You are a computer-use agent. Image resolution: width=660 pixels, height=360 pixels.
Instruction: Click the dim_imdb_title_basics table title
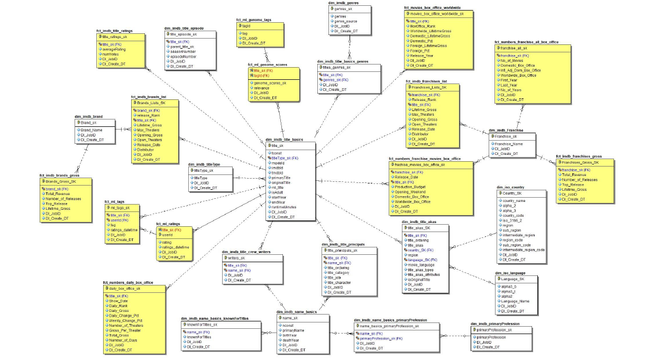click(x=284, y=140)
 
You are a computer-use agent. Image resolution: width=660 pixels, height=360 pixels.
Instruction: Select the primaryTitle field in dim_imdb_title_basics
click(x=281, y=178)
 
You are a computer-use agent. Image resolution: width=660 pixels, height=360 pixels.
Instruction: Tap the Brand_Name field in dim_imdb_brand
click(x=91, y=130)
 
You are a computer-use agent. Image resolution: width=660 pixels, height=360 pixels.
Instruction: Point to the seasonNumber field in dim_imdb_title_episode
click(x=184, y=51)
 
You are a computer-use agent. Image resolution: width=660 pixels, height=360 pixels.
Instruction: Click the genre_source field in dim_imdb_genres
click(x=346, y=21)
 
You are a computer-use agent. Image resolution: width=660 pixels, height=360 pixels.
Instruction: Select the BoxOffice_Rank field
click(x=423, y=26)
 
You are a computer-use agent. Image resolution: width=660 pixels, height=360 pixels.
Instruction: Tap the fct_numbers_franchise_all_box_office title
click(x=526, y=42)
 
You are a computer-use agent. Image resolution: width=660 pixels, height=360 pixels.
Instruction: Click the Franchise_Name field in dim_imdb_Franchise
click(x=509, y=143)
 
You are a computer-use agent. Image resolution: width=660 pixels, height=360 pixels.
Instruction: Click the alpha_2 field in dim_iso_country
click(x=509, y=206)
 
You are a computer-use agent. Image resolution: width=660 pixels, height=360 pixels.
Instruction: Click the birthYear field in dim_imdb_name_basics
click(x=289, y=335)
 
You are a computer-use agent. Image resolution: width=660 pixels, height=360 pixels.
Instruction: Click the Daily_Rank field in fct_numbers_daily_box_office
click(x=118, y=306)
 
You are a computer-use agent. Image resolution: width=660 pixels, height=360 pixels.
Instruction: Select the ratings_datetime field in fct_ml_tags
click(x=124, y=230)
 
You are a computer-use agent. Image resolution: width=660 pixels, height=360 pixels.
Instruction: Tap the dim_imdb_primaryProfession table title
click(x=495, y=324)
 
